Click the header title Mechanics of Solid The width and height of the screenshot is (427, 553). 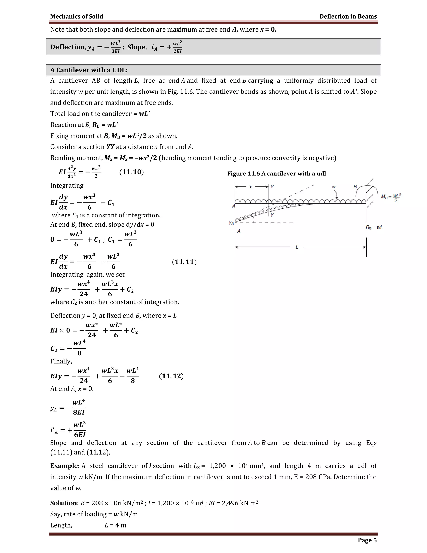pos(77,16)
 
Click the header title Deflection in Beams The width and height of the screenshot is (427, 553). pos(348,16)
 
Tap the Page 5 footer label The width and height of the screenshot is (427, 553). pos(367,540)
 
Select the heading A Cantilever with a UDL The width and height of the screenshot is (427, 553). pos(89,70)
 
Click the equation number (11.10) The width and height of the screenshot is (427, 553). pos(131,172)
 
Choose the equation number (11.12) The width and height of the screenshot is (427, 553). pos(171,376)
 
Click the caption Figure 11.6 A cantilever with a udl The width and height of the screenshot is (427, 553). pos(276,173)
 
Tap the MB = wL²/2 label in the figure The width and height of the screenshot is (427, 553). pos(391,197)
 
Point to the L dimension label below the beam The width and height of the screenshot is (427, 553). pos(297,247)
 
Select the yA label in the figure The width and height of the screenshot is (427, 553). pos(231,223)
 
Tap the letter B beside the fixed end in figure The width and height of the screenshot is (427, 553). pos(355,187)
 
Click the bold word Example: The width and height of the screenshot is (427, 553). pos(65,466)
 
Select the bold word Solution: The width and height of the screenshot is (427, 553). pos(64,503)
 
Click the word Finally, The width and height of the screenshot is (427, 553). pos(61,361)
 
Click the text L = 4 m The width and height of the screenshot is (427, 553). pos(115,525)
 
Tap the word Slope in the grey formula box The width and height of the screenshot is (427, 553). pos(136,47)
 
